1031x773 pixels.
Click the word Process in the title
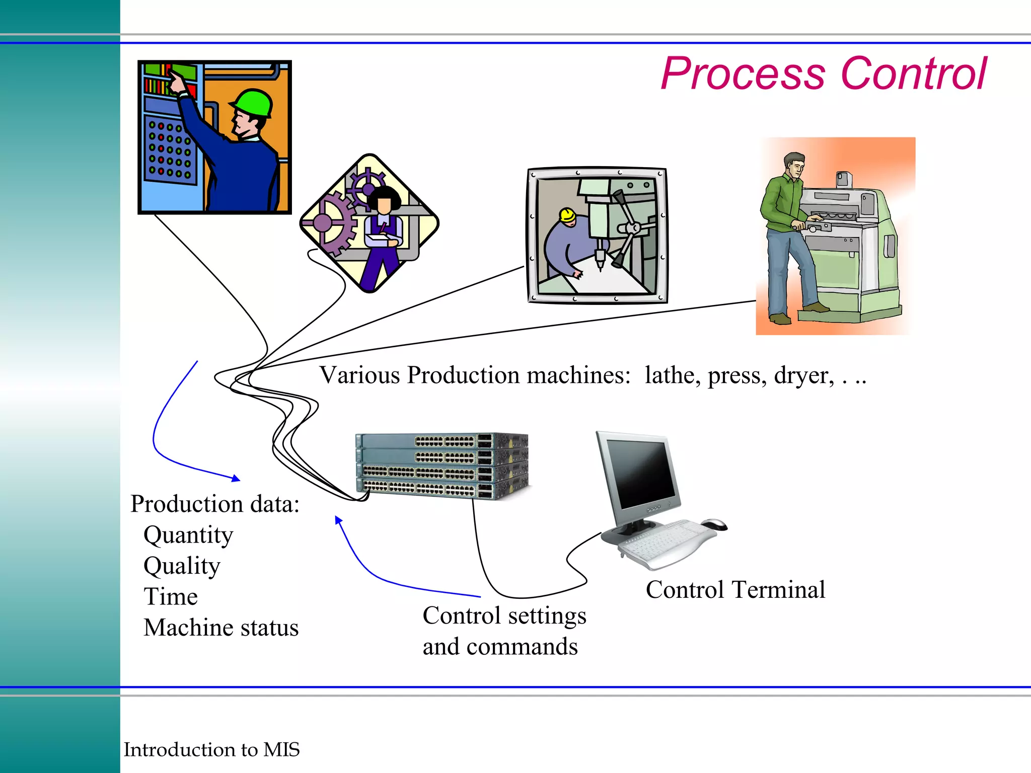pos(743,74)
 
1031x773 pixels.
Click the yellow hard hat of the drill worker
pos(567,215)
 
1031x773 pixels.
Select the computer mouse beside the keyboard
pos(715,524)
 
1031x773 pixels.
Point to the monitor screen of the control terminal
pos(640,473)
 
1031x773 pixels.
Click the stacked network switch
pos(442,466)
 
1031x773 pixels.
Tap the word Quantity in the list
pos(188,535)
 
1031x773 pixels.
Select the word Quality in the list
pos(182,566)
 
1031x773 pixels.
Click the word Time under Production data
pos(171,597)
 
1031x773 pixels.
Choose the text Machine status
pos(221,628)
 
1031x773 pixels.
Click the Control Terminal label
pos(735,589)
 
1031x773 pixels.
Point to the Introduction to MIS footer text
pos(211,749)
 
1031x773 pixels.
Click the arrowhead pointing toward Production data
pos(236,479)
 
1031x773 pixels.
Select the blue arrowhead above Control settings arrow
pos(339,520)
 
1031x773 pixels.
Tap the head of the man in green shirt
pos(794,165)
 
